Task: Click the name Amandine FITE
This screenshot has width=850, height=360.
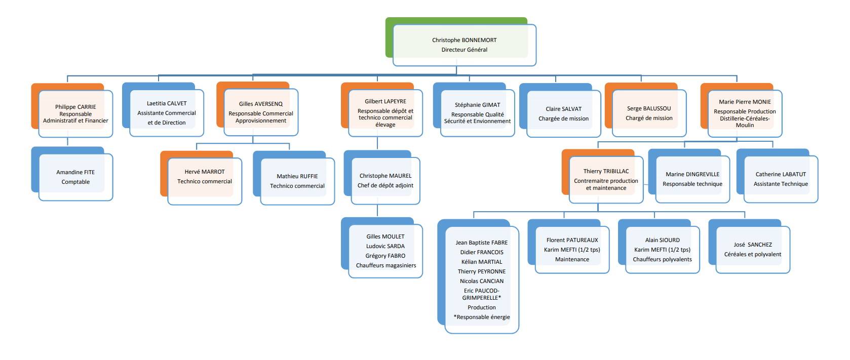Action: click(x=75, y=172)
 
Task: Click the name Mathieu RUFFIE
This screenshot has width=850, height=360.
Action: click(x=297, y=176)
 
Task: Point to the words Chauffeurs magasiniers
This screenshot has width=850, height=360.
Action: click(x=386, y=265)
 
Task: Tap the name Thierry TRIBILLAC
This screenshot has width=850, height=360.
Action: click(x=606, y=171)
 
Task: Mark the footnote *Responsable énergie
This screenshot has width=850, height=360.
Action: click(x=482, y=317)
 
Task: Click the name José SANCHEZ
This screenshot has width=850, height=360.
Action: click(x=753, y=245)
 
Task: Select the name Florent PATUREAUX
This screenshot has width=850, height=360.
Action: click(x=572, y=240)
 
